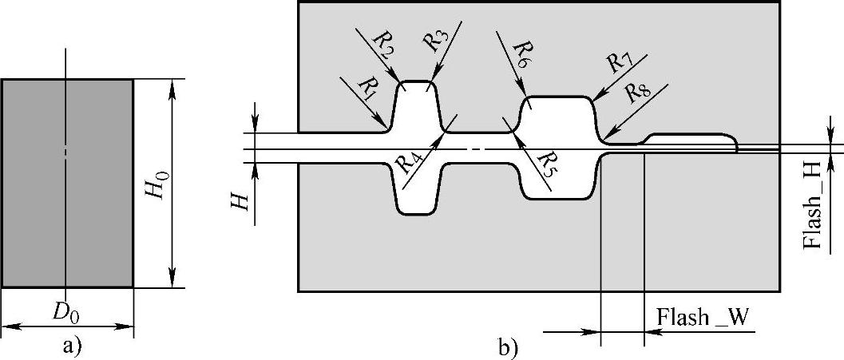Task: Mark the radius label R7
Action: point(619,62)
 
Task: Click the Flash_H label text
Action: point(814,213)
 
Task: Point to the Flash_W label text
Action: point(703,318)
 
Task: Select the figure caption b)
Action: point(508,347)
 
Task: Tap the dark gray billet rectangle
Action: point(66,183)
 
